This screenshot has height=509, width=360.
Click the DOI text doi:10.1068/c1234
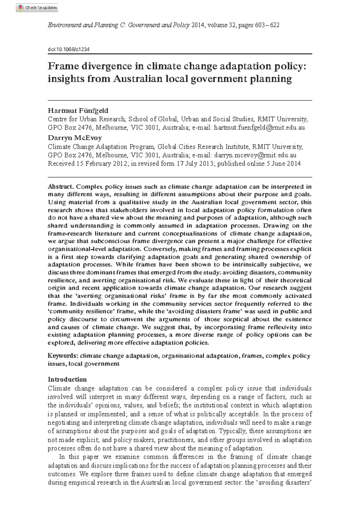point(69,49)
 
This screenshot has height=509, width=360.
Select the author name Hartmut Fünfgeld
point(78,110)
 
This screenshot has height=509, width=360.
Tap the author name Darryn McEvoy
point(75,138)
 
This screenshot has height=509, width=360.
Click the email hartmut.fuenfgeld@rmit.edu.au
point(259,127)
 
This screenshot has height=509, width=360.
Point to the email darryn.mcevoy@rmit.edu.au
point(255,155)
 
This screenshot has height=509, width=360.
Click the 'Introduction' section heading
point(67,379)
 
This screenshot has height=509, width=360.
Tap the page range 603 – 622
point(267,25)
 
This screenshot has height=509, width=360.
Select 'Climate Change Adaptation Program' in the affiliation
point(101,147)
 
